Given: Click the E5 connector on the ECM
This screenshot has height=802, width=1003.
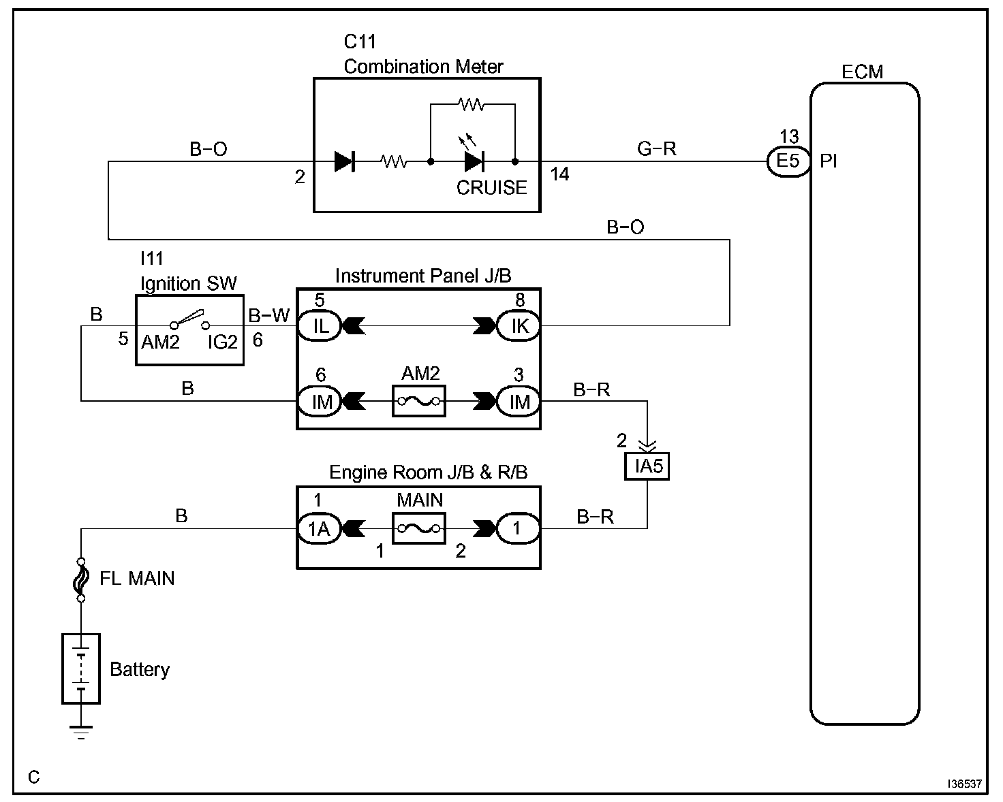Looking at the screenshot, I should click(788, 161).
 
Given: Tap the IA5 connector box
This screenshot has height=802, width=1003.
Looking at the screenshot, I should click(647, 467).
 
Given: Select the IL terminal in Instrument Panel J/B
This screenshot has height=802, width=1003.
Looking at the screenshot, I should click(320, 326).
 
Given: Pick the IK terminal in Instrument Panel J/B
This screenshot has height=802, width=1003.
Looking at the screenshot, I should click(519, 326).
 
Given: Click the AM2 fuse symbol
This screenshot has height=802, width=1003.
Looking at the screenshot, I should click(419, 402).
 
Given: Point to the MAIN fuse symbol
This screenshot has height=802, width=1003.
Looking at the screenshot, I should click(419, 528).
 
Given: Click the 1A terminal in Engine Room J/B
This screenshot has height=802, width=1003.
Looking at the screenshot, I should click(318, 528).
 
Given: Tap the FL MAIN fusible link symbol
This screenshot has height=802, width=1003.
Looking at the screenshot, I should click(81, 579).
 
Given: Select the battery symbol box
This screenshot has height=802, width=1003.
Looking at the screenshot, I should click(81, 669).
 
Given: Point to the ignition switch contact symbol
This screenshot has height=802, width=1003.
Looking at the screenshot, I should click(189, 320).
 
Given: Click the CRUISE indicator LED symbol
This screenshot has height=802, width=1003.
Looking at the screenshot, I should click(474, 161).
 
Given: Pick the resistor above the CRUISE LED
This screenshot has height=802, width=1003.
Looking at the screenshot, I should click(471, 105).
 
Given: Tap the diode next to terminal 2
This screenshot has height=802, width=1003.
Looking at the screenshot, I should click(344, 161).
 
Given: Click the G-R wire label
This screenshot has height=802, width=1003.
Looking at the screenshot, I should click(657, 148).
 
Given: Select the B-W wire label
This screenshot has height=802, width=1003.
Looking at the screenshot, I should click(268, 315).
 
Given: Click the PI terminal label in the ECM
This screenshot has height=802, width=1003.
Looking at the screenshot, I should click(829, 162).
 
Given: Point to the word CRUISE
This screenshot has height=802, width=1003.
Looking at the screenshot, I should click(491, 188).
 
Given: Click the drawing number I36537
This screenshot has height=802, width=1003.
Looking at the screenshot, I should click(963, 784).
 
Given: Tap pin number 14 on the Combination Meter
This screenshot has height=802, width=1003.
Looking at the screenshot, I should click(559, 175).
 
